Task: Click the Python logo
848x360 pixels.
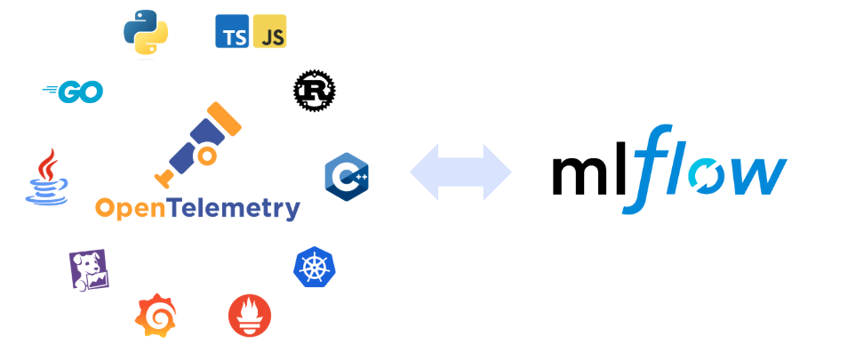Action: pyautogui.click(x=146, y=31)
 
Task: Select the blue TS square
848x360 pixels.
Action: pyautogui.click(x=232, y=31)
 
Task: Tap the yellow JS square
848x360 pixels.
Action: pyautogui.click(x=269, y=31)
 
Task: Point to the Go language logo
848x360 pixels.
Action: pyautogui.click(x=73, y=91)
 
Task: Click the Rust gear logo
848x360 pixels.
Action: pyautogui.click(x=314, y=91)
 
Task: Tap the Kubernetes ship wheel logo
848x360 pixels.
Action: pyautogui.click(x=315, y=266)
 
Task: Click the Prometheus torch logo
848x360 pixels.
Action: pyautogui.click(x=250, y=316)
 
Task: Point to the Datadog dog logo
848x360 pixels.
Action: pyautogui.click(x=88, y=269)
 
